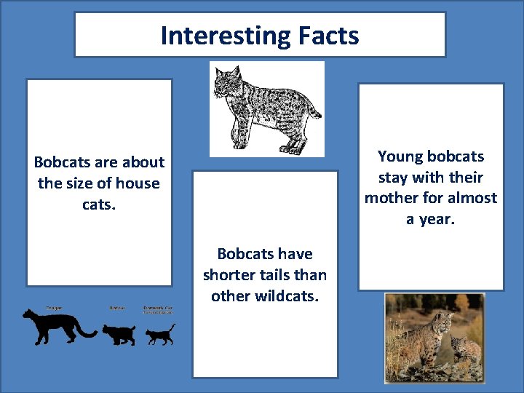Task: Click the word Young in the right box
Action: pyautogui.click(x=400, y=156)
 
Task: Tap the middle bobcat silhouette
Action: pyautogui.click(x=118, y=333)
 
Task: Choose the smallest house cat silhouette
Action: pyautogui.click(x=159, y=335)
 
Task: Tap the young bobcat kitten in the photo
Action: pyautogui.click(x=464, y=348)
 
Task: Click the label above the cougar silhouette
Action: pyautogui.click(x=53, y=308)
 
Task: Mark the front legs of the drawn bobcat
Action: pyautogui.click(x=236, y=131)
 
